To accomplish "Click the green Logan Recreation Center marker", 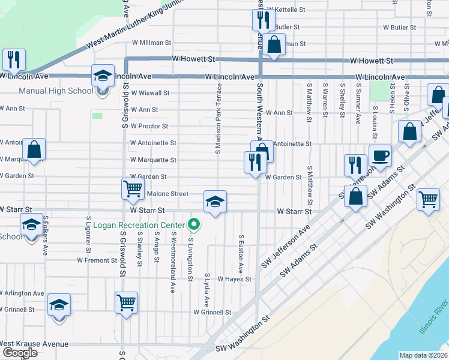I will (194, 225).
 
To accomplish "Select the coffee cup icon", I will (380, 157).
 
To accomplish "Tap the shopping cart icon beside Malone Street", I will (133, 189).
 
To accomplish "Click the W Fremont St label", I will (97, 260).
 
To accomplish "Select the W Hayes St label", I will (234, 279).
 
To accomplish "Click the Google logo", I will (20, 352).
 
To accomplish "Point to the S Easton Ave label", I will (241, 251).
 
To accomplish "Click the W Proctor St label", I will (149, 127).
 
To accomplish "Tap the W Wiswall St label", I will (149, 93).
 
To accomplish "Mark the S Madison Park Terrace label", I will (219, 117).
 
